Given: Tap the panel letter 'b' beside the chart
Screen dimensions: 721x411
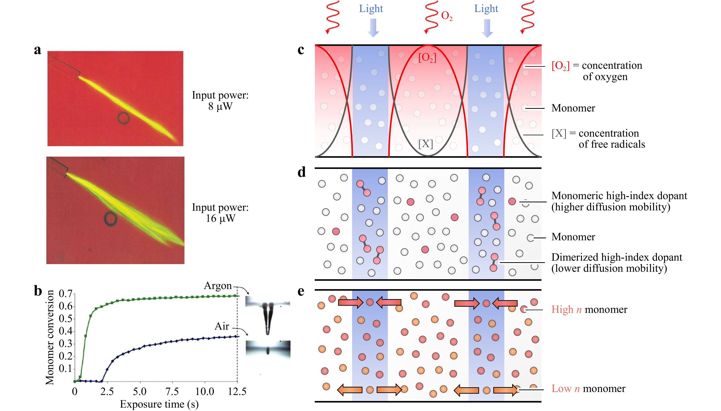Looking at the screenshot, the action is tap(38, 291).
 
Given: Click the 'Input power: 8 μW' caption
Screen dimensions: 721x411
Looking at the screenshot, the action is tap(220, 101).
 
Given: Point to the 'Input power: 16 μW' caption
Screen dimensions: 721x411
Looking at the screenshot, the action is tap(220, 213).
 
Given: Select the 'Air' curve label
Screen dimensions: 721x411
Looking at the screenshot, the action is tap(222, 326).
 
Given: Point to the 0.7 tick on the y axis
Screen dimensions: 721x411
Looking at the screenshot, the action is tap(66, 294).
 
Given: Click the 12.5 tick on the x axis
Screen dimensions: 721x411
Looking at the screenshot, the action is tap(237, 392).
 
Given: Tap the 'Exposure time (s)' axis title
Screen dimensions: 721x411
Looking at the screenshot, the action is tap(159, 404).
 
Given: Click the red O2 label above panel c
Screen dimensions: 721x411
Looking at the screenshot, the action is tap(447, 16).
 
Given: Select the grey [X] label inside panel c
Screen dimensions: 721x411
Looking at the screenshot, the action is tap(426, 144).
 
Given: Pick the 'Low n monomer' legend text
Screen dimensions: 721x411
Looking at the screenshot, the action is tap(588, 389).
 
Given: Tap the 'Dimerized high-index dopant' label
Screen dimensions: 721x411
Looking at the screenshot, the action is tap(617, 257).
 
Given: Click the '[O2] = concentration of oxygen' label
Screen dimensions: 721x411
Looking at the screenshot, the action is tap(597, 71).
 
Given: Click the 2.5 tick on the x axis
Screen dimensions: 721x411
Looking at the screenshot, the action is tap(107, 392).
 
